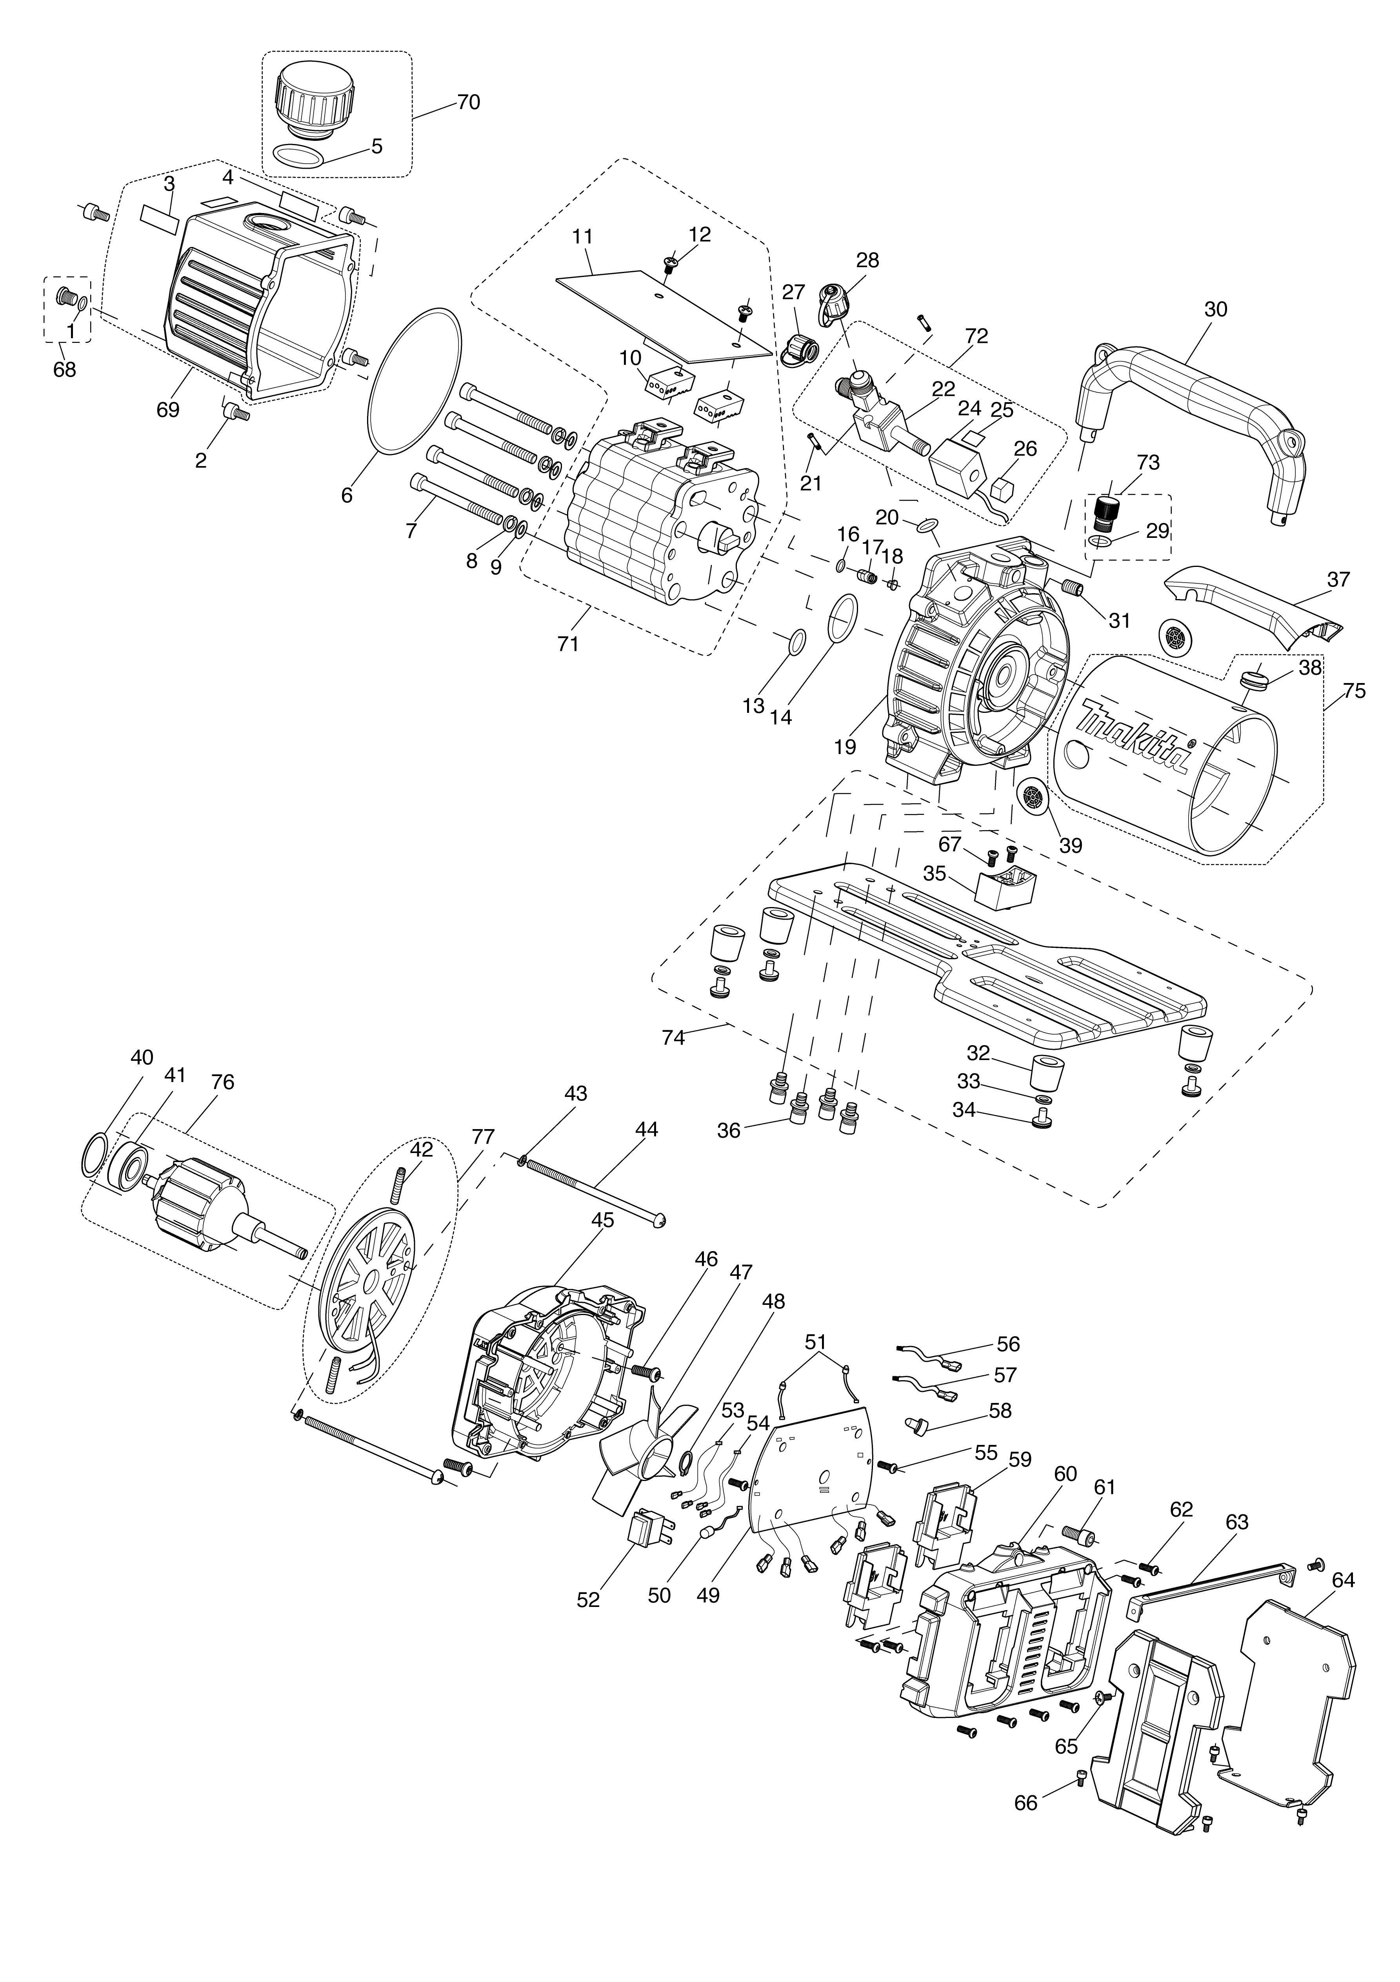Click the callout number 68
click(x=65, y=370)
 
